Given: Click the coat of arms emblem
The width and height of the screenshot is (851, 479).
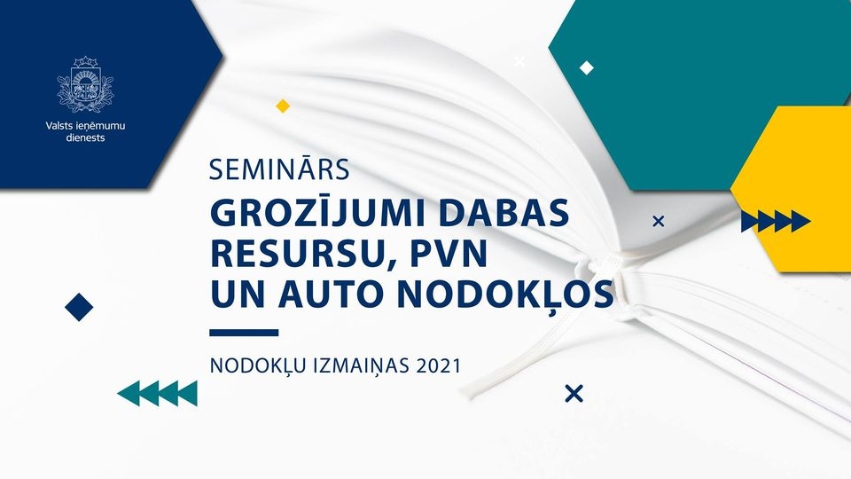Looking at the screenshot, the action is pyautogui.click(x=85, y=84).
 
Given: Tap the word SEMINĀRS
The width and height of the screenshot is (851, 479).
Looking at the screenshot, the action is pyautogui.click(x=279, y=170).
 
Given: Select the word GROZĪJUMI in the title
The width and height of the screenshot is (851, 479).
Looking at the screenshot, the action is pyautogui.click(x=318, y=214).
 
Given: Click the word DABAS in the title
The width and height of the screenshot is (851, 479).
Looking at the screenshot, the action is pyautogui.click(x=504, y=214).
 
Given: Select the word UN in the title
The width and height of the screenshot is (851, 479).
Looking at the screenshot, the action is pyautogui.click(x=238, y=294).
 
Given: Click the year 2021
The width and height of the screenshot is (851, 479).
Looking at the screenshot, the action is pyautogui.click(x=439, y=365).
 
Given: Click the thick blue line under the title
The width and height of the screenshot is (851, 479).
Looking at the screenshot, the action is pyautogui.click(x=244, y=333).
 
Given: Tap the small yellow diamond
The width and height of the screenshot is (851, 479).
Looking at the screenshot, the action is pyautogui.click(x=282, y=106).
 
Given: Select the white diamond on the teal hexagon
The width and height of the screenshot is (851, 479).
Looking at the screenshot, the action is pyautogui.click(x=586, y=68).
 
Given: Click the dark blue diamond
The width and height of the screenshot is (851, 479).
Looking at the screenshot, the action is pyautogui.click(x=79, y=307).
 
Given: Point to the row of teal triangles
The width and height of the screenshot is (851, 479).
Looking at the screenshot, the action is pyautogui.click(x=158, y=393).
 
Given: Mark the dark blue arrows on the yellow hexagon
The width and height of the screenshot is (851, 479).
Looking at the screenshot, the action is pyautogui.click(x=776, y=221).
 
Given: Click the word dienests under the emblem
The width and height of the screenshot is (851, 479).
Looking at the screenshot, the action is pyautogui.click(x=85, y=138).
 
